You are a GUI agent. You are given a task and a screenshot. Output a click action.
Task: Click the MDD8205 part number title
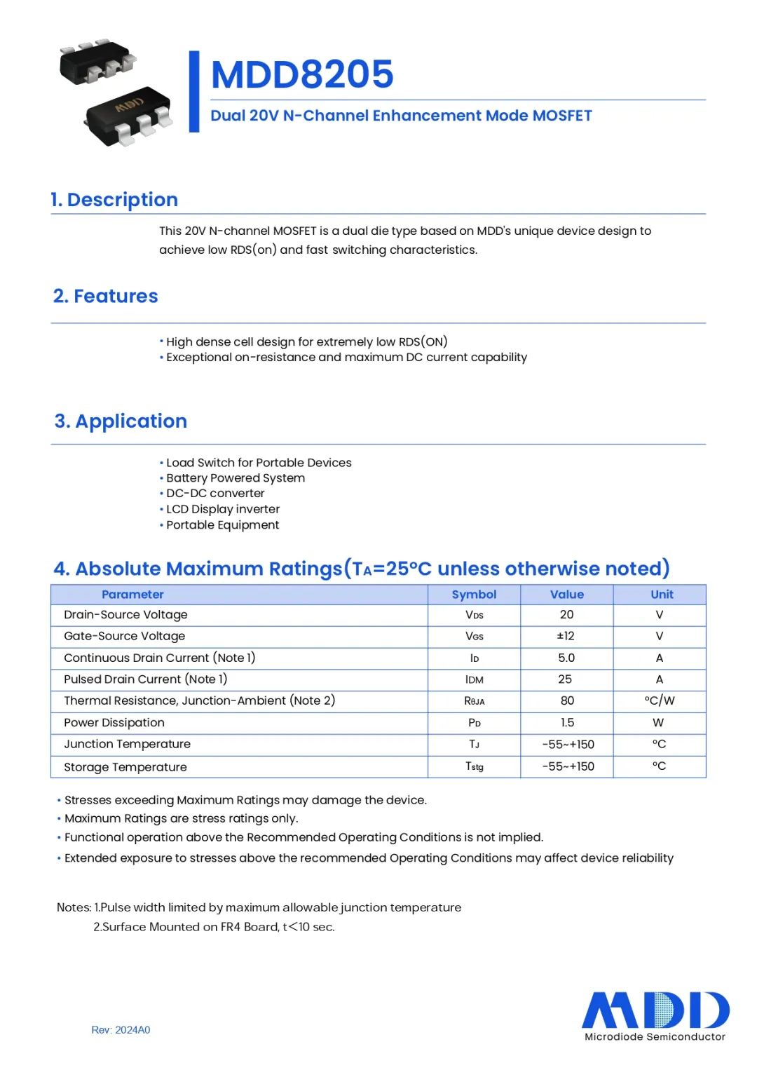pos(302,74)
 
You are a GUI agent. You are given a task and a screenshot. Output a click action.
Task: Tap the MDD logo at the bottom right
pos(655,1010)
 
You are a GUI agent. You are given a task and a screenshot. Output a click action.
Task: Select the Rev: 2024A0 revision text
pos(121,1030)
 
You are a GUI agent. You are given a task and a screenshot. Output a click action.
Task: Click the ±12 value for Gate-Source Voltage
pos(566,636)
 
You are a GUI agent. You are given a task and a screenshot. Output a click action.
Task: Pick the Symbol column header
pos(474,595)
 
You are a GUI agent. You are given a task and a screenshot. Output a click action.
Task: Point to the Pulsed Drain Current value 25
pos(565,679)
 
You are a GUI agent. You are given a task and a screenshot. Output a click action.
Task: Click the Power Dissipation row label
pos(114,723)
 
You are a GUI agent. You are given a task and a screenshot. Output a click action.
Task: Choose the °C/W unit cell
pos(660,700)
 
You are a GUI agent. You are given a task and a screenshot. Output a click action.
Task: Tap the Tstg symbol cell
pos(475,766)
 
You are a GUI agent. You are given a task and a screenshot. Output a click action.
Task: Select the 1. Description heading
pos(114,200)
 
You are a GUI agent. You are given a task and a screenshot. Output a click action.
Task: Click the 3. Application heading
pos(121,421)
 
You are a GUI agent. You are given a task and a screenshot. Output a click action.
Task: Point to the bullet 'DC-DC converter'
pos(215,494)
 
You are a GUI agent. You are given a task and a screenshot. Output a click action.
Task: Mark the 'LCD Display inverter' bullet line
pos(223,509)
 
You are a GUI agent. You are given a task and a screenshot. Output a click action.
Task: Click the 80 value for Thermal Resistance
pos(567,700)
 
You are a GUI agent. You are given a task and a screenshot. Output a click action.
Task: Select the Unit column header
pos(662,595)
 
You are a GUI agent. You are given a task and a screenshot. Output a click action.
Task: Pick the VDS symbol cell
pos(475,615)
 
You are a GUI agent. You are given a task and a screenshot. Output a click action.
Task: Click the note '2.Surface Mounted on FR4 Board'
pos(214,927)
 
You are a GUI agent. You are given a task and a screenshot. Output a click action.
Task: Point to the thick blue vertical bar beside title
pos(194,91)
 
